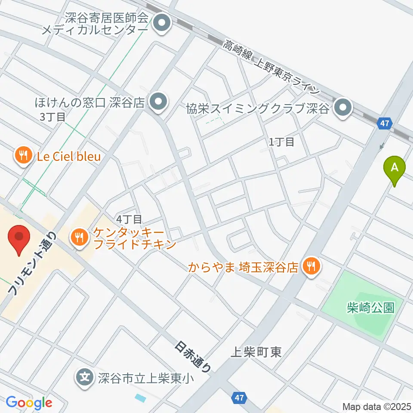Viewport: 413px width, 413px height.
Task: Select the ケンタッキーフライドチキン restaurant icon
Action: (x=79, y=237)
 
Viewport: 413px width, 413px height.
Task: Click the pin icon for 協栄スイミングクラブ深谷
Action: (x=343, y=108)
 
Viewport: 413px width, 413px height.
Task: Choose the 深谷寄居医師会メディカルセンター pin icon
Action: (x=162, y=23)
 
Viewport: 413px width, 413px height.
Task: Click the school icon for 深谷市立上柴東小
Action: (x=85, y=378)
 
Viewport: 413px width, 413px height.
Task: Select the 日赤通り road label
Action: (x=194, y=357)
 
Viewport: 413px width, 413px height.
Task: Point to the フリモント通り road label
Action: (x=32, y=263)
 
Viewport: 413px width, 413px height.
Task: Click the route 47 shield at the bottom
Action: (x=240, y=398)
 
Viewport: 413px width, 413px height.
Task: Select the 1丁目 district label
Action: (x=282, y=142)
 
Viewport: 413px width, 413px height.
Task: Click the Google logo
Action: (x=29, y=403)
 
